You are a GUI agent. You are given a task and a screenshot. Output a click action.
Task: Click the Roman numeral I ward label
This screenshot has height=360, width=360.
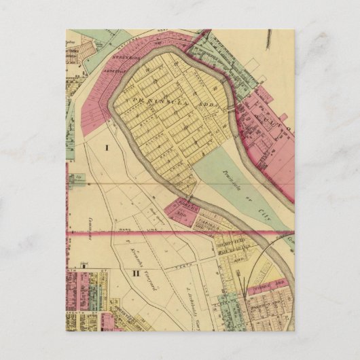click(x=107, y=147)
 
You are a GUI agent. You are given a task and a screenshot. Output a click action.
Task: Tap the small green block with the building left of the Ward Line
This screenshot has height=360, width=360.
click(x=77, y=179)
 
